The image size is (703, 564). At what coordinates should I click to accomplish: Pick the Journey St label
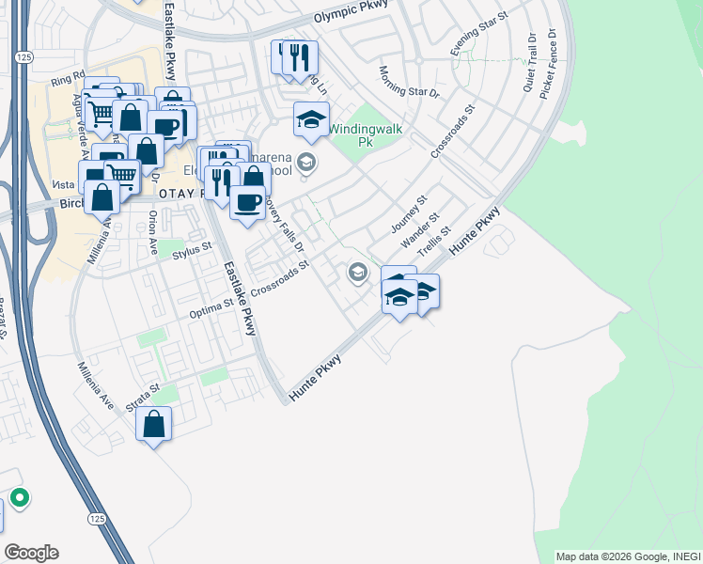pos(409,215)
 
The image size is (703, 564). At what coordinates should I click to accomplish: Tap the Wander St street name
pos(420,231)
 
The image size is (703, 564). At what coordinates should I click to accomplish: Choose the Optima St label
pos(211,308)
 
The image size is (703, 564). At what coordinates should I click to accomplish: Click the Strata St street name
pos(143,396)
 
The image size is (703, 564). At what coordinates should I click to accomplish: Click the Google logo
pos(31,553)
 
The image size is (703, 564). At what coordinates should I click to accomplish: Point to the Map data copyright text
pos(627,556)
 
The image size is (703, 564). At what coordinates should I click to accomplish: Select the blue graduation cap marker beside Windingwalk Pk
pos(311,119)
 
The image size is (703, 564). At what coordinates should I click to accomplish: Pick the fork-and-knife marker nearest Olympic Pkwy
pos(299,58)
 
